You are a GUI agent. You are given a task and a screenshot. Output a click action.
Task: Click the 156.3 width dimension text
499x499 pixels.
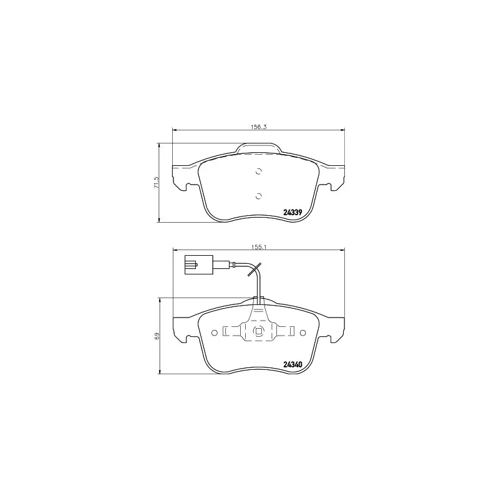point(258,126)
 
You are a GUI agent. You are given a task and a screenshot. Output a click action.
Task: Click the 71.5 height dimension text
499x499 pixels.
point(157,183)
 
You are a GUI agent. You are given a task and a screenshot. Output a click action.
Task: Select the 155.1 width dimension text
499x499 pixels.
point(258,247)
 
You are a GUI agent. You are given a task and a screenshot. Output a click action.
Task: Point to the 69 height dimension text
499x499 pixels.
point(158,336)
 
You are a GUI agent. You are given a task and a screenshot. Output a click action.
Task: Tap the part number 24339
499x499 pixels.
point(293,212)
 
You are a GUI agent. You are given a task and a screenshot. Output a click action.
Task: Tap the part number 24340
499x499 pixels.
point(293,365)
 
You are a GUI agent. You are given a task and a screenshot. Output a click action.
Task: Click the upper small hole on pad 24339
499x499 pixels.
point(259,172)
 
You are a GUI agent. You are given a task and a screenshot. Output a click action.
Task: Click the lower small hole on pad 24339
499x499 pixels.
point(259,195)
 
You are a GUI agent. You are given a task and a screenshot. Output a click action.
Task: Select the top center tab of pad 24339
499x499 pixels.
point(258,149)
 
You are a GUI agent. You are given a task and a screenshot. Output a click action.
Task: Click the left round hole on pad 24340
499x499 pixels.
point(215,332)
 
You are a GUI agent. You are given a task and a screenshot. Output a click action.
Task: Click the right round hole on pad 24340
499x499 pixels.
point(291,331)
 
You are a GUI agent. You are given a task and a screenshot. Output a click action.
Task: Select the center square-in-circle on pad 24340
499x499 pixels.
point(257,332)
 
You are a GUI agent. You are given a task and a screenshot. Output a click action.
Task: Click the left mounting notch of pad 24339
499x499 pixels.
point(185,185)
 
